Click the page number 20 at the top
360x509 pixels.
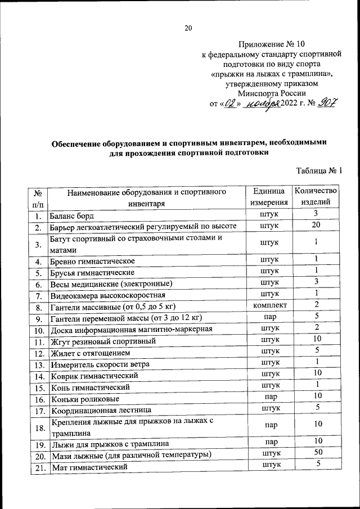point(188,29)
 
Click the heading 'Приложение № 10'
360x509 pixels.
point(272,44)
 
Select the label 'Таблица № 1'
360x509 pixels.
point(319,171)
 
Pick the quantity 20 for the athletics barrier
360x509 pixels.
point(317,226)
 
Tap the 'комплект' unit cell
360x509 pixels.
point(270,305)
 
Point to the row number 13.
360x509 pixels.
point(38,364)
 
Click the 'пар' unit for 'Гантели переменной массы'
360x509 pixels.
point(270,317)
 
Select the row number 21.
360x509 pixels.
point(38,467)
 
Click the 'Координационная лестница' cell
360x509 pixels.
point(101,411)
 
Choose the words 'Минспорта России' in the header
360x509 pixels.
point(272,93)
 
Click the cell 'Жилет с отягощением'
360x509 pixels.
point(91,353)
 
